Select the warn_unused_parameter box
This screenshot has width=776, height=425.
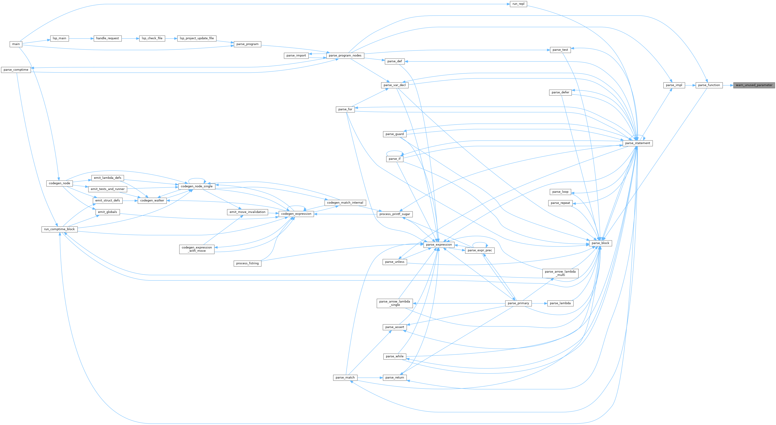pos(754,85)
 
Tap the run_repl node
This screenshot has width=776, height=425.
pos(518,4)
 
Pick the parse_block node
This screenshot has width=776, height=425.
pos(600,243)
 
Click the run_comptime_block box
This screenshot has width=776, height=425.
pos(59,229)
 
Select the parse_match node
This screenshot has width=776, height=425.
pos(345,377)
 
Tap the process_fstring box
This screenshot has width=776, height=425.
pos(247,263)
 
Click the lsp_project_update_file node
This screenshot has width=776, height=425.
pos(197,38)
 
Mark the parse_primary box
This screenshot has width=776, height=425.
pos(518,303)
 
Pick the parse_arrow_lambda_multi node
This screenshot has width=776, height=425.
pos(560,273)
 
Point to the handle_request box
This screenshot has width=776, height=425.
pos(107,38)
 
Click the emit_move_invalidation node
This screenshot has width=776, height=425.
pos(247,212)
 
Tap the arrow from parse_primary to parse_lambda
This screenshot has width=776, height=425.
pos(539,303)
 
